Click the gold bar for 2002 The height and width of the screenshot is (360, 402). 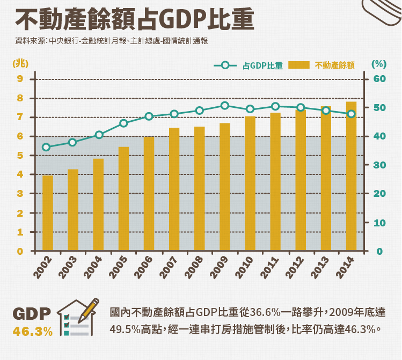coord(48,214)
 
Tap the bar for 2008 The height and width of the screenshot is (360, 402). coord(200,189)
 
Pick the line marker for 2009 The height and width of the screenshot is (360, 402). coord(225,106)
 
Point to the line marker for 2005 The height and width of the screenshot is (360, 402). coord(123,123)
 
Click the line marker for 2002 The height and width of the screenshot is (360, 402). coord(46,147)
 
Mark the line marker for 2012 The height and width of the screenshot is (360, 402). coord(301,107)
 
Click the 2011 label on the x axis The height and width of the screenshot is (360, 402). coord(269,267)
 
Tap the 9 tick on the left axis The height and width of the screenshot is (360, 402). coord(20,79)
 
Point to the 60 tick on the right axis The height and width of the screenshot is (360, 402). coord(379,79)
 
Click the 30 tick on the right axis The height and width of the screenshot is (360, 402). coord(379,165)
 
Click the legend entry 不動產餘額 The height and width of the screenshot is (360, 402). coord(322,65)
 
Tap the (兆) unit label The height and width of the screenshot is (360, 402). coord(20,63)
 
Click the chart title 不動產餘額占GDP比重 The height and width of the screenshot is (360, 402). coord(134,20)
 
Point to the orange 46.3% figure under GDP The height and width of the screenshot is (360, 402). coord(33,331)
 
